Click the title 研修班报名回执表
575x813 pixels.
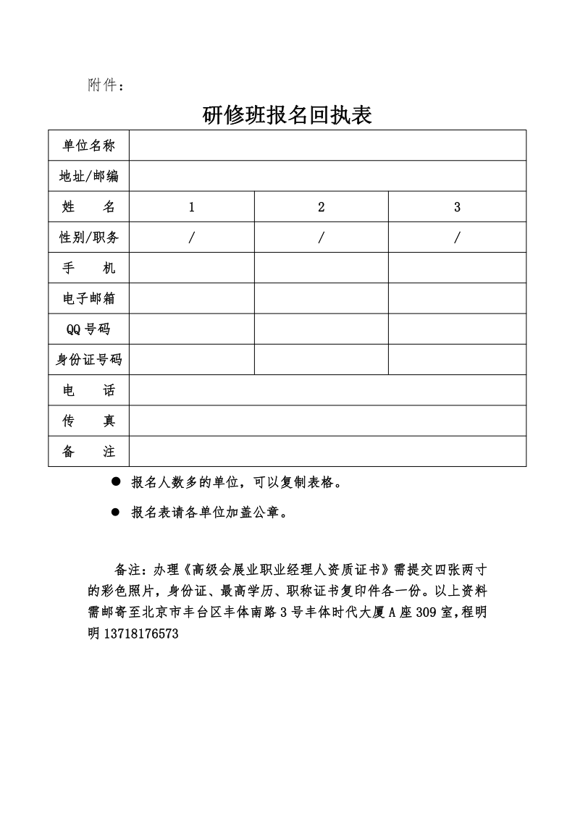287,114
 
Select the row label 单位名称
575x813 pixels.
88,146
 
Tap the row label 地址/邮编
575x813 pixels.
88,176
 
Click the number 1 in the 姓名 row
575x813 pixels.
192,207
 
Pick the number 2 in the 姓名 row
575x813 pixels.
321,207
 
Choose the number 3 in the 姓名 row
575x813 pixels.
457,207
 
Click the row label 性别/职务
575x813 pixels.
88,237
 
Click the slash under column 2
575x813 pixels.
321,237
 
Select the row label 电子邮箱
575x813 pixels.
88,298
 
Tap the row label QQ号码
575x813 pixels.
88,329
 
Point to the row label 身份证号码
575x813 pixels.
88,360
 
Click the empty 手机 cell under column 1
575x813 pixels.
192,268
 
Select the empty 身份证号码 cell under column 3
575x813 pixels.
457,360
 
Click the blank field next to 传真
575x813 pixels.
327,421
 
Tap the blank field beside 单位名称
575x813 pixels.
327,146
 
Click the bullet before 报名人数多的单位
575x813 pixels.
114,482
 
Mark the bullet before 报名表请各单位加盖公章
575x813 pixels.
114,513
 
